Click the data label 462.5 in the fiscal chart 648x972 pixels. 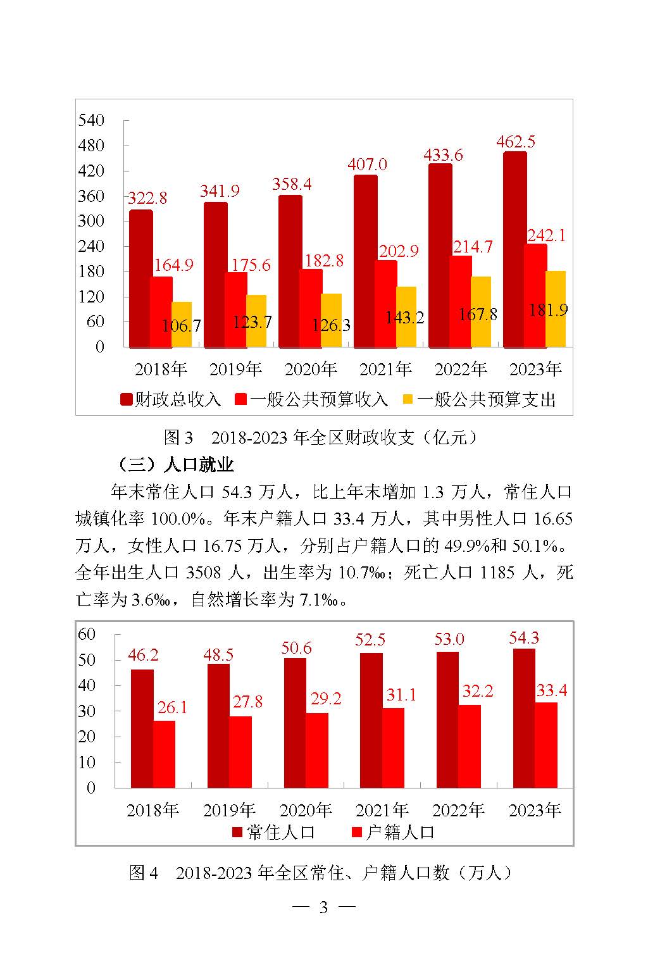(x=516, y=141)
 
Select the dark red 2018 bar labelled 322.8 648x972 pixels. (x=140, y=278)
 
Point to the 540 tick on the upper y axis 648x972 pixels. (x=90, y=120)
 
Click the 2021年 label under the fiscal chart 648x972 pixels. (x=385, y=369)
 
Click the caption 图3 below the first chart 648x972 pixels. (x=178, y=437)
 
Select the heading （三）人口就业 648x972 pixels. (x=175, y=465)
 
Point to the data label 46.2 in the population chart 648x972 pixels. (x=143, y=655)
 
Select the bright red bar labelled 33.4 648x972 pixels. (x=546, y=745)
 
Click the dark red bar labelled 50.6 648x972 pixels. (x=295, y=723)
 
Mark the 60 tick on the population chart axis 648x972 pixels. (x=86, y=634)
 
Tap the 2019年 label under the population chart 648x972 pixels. (x=229, y=810)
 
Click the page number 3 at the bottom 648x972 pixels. (x=323, y=907)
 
